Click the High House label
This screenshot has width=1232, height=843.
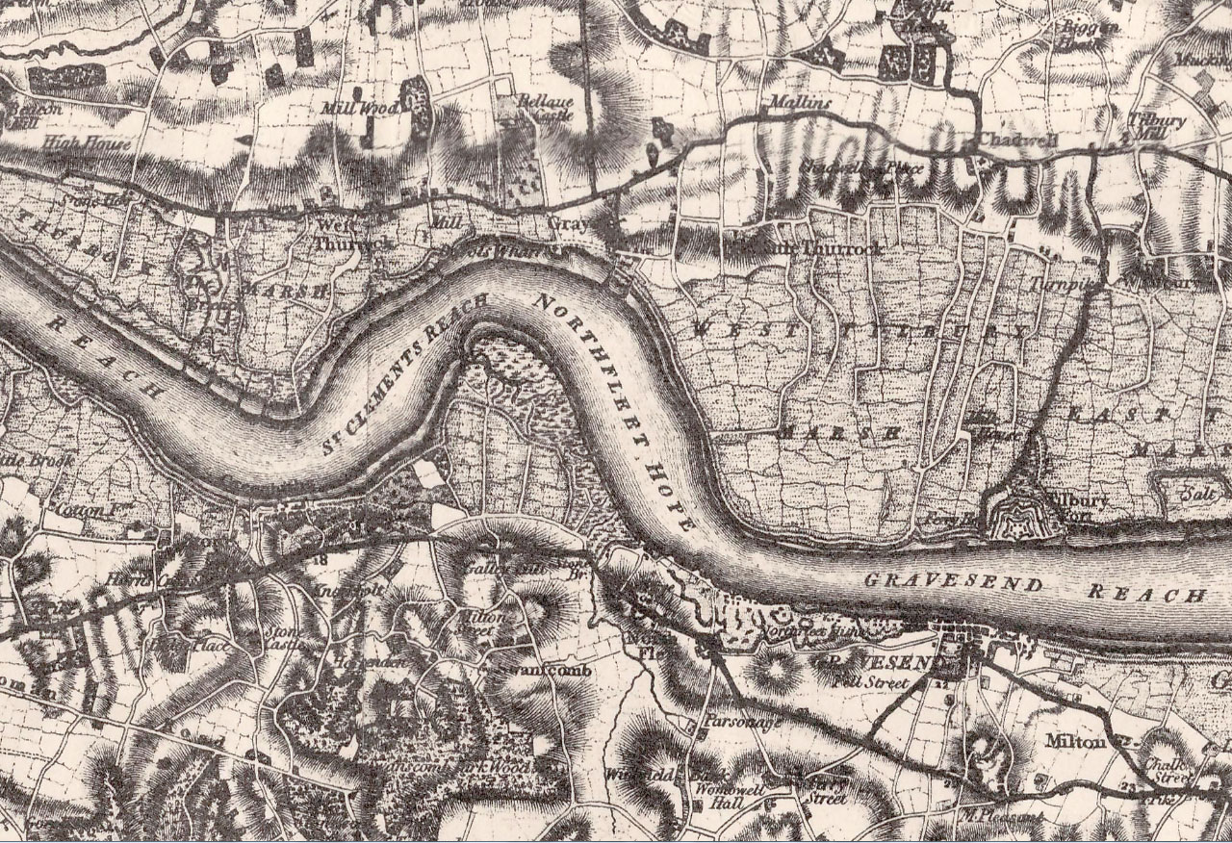pos(75,143)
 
